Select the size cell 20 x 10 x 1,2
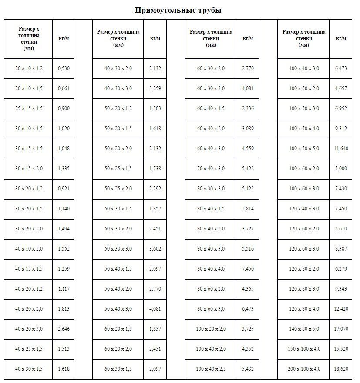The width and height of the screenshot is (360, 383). tap(29, 68)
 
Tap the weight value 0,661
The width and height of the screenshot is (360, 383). tap(64, 88)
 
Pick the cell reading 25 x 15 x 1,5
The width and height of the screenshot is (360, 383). tap(29, 108)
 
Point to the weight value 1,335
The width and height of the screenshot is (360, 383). tap(64, 169)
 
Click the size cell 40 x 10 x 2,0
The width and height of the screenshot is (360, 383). tap(29, 249)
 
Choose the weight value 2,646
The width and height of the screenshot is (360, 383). tap(64, 329)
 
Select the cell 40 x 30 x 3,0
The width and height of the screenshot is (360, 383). tap(118, 88)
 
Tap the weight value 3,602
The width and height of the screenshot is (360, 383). tap(155, 249)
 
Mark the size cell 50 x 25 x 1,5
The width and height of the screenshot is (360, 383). tap(118, 169)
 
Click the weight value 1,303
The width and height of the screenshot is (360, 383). tap(155, 108)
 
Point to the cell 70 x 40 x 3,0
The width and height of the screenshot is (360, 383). tap(211, 169)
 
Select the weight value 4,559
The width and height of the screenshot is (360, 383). tap(248, 149)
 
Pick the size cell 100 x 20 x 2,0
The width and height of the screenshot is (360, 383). tap(211, 329)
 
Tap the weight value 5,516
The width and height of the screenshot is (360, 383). tap(248, 249)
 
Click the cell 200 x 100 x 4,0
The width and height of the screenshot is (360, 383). tap(304, 369)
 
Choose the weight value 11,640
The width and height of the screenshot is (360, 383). tap(341, 149)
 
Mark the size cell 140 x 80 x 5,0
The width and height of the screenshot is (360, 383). tap(304, 329)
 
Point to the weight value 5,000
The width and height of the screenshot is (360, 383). tap(341, 169)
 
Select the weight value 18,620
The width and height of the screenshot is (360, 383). tap(341, 369)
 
